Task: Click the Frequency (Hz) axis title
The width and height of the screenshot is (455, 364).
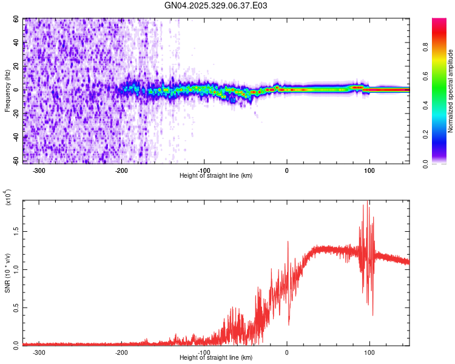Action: coord(7,91)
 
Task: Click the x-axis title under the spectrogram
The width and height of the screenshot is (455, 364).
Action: coord(216,176)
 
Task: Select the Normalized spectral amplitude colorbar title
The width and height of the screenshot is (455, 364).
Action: coord(451,91)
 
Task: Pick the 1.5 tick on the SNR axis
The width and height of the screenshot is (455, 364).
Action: coord(16,231)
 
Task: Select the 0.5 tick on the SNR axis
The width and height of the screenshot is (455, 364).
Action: coord(16,307)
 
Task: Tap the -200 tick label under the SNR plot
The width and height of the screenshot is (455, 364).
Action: coord(121,352)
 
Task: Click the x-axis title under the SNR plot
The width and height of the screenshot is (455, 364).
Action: coord(216,358)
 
